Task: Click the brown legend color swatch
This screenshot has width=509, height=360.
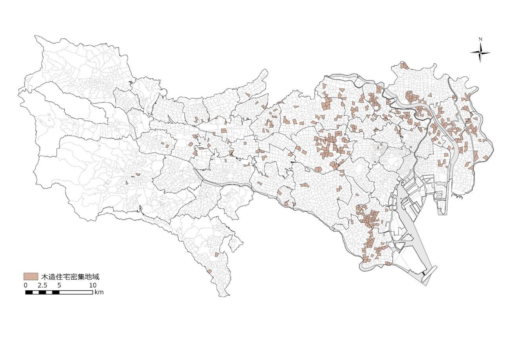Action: [31, 276]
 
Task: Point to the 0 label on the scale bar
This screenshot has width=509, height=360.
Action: [26, 285]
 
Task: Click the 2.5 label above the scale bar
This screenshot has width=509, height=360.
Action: [42, 285]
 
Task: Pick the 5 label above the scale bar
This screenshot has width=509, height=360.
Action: [59, 285]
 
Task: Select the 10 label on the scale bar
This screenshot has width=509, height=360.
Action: [92, 285]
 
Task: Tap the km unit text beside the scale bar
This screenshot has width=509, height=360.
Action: [99, 292]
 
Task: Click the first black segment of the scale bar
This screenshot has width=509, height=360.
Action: [29, 292]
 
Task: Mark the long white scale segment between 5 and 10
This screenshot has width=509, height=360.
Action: [76, 292]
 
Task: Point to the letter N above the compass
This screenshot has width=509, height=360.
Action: [480, 39]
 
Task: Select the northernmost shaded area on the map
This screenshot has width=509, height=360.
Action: [404, 65]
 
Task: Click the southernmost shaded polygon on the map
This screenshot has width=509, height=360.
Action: [210, 271]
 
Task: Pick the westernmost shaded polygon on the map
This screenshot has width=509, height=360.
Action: [127, 182]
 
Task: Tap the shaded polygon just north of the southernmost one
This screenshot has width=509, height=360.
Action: [216, 255]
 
